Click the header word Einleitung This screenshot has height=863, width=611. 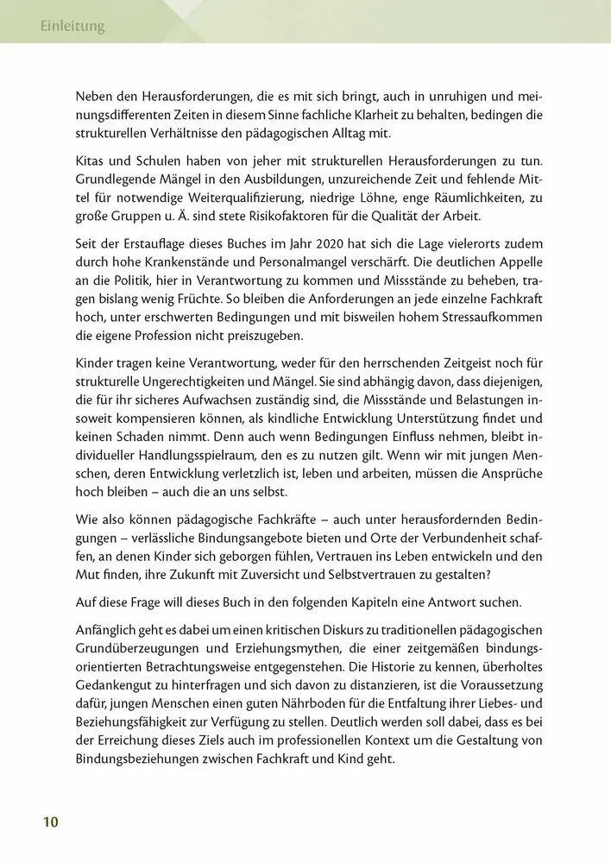[x=72, y=27]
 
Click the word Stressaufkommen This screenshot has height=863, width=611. [x=483, y=319]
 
